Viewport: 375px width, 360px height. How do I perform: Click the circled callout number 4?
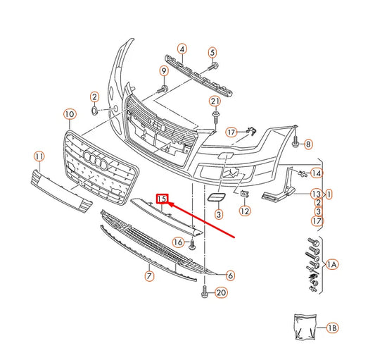pos(182,49)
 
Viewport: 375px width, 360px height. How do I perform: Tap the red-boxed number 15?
pos(162,199)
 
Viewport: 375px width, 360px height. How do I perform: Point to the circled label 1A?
pos(332,265)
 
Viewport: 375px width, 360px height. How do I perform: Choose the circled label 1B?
pos(332,328)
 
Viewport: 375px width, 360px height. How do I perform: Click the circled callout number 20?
pos(221,292)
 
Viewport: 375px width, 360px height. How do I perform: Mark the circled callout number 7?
pos(149,275)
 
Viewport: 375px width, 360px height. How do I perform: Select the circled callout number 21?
pos(215,101)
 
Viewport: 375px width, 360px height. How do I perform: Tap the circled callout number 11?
pos(39,156)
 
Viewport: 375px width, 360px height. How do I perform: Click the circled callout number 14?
pos(317,173)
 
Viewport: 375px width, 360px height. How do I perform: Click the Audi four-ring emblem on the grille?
pos(94,160)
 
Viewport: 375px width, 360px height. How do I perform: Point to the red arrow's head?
pos(170,206)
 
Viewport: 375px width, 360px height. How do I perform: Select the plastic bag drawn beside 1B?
pos(303,325)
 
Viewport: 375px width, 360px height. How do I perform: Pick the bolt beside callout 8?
pos(296,143)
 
